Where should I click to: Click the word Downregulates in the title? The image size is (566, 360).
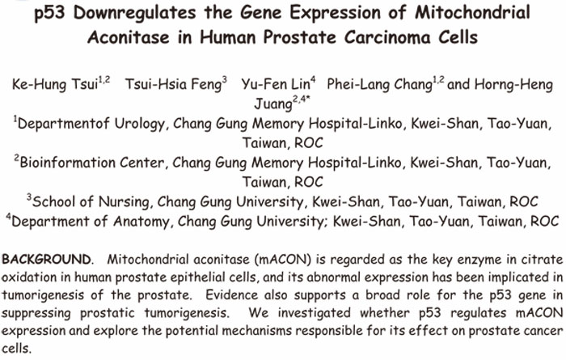click(x=134, y=13)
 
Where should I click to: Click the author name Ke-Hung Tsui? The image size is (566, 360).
click(x=55, y=84)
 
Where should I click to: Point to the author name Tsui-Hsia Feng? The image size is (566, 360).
click(x=173, y=84)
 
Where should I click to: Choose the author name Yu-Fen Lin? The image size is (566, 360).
click(x=276, y=84)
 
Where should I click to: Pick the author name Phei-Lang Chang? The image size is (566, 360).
click(x=379, y=84)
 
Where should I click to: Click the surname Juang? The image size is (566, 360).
click(x=273, y=104)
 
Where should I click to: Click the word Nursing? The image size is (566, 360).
click(x=124, y=201)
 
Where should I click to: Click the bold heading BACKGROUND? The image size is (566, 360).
click(x=46, y=259)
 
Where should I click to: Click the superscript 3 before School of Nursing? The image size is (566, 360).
click(x=29, y=196)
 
